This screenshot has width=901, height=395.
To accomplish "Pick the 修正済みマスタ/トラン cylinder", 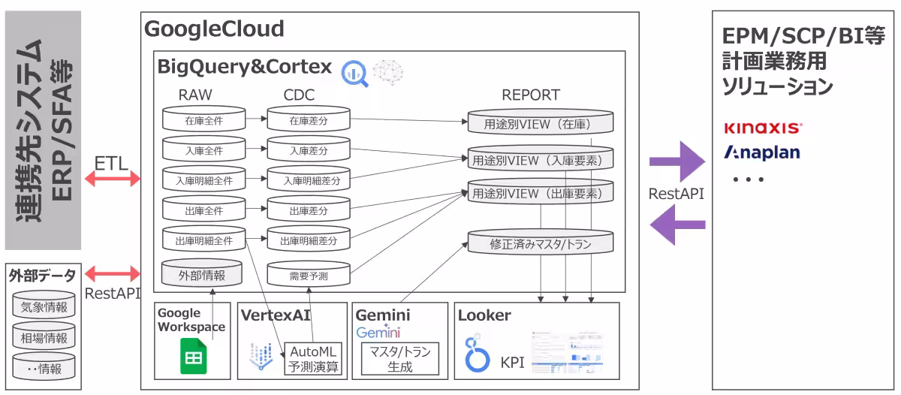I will (541, 243).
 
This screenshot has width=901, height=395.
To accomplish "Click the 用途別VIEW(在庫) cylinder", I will (541, 122).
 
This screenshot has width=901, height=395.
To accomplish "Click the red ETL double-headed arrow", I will (113, 179).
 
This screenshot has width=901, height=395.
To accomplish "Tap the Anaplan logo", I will (761, 152).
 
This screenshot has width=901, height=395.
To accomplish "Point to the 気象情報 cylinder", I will (44, 307).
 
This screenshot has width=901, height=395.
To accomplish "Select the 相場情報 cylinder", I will (44, 338).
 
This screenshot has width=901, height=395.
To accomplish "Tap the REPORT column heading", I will (530, 95).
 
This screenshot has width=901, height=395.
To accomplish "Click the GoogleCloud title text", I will (214, 29).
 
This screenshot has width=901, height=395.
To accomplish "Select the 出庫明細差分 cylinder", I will (309, 241).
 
